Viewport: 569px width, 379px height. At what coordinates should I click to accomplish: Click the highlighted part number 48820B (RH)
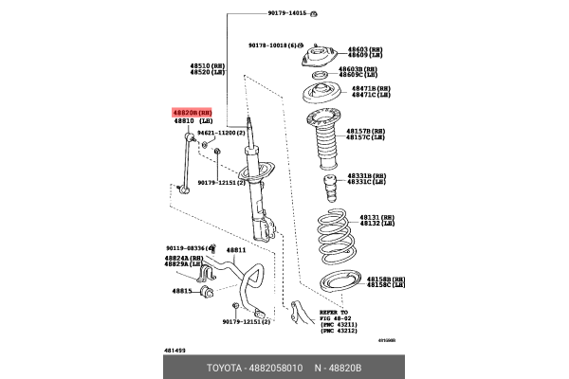pyautogui.click(x=193, y=112)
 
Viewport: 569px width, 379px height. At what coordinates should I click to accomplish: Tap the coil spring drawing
pyautogui.click(x=329, y=241)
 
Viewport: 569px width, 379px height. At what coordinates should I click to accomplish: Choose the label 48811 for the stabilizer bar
pyautogui.click(x=235, y=250)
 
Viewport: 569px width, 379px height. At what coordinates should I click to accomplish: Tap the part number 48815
pyautogui.click(x=181, y=291)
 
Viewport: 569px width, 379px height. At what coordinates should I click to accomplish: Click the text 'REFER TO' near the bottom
pyautogui.click(x=333, y=312)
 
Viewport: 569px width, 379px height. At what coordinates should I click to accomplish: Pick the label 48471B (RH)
pyautogui.click(x=371, y=88)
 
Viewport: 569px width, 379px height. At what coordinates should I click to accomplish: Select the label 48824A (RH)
pyautogui.click(x=184, y=258)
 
